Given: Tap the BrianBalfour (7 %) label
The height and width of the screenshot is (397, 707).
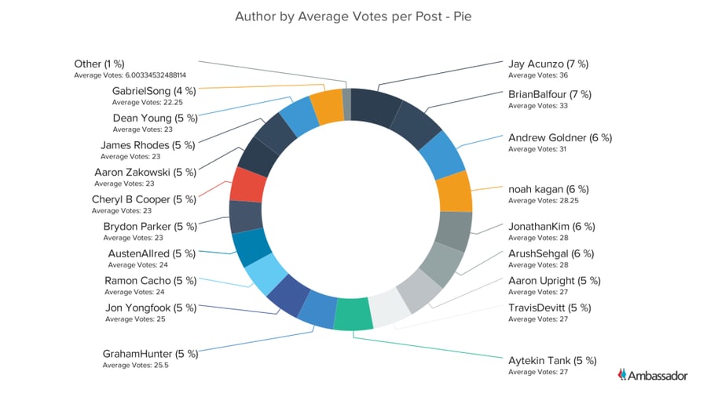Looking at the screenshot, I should pyautogui.click(x=549, y=94).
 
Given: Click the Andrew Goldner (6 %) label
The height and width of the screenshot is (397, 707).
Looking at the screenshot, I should pyautogui.click(x=559, y=137).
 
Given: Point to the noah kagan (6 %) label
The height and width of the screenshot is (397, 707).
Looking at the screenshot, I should pyautogui.click(x=548, y=189).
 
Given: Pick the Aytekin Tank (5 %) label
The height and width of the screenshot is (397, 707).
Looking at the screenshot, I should pyautogui.click(x=552, y=361).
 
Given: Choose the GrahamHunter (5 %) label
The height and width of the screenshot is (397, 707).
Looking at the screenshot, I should pyautogui.click(x=150, y=354).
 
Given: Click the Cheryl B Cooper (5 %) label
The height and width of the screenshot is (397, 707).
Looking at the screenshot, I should pyautogui.click(x=142, y=199).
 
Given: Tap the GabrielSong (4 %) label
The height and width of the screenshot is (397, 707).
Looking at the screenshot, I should pyautogui.click(x=153, y=91).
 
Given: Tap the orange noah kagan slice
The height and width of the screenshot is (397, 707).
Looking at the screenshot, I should pyautogui.click(x=453, y=191).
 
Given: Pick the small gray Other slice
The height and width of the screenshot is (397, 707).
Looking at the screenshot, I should pyautogui.click(x=346, y=101).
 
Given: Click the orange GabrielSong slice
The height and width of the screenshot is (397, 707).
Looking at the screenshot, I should pyautogui.click(x=325, y=107).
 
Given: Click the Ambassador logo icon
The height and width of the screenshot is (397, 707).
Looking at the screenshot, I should pyautogui.click(x=623, y=375).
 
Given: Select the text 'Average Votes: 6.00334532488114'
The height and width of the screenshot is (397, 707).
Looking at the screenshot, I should pyautogui.click(x=139, y=75).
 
